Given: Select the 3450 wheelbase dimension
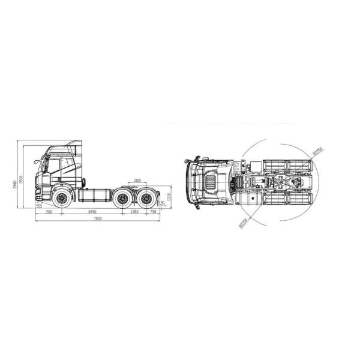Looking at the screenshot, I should click(x=92, y=212).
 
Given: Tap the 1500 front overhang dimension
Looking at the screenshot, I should click(x=49, y=212).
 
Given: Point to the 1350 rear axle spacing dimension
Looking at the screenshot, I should click(x=134, y=212).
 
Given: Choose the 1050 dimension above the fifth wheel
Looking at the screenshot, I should click(x=137, y=179).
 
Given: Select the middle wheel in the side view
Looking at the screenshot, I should click(x=124, y=198).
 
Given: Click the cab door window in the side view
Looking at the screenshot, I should click(x=53, y=165).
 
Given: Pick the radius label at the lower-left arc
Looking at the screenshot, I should click(x=242, y=224).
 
